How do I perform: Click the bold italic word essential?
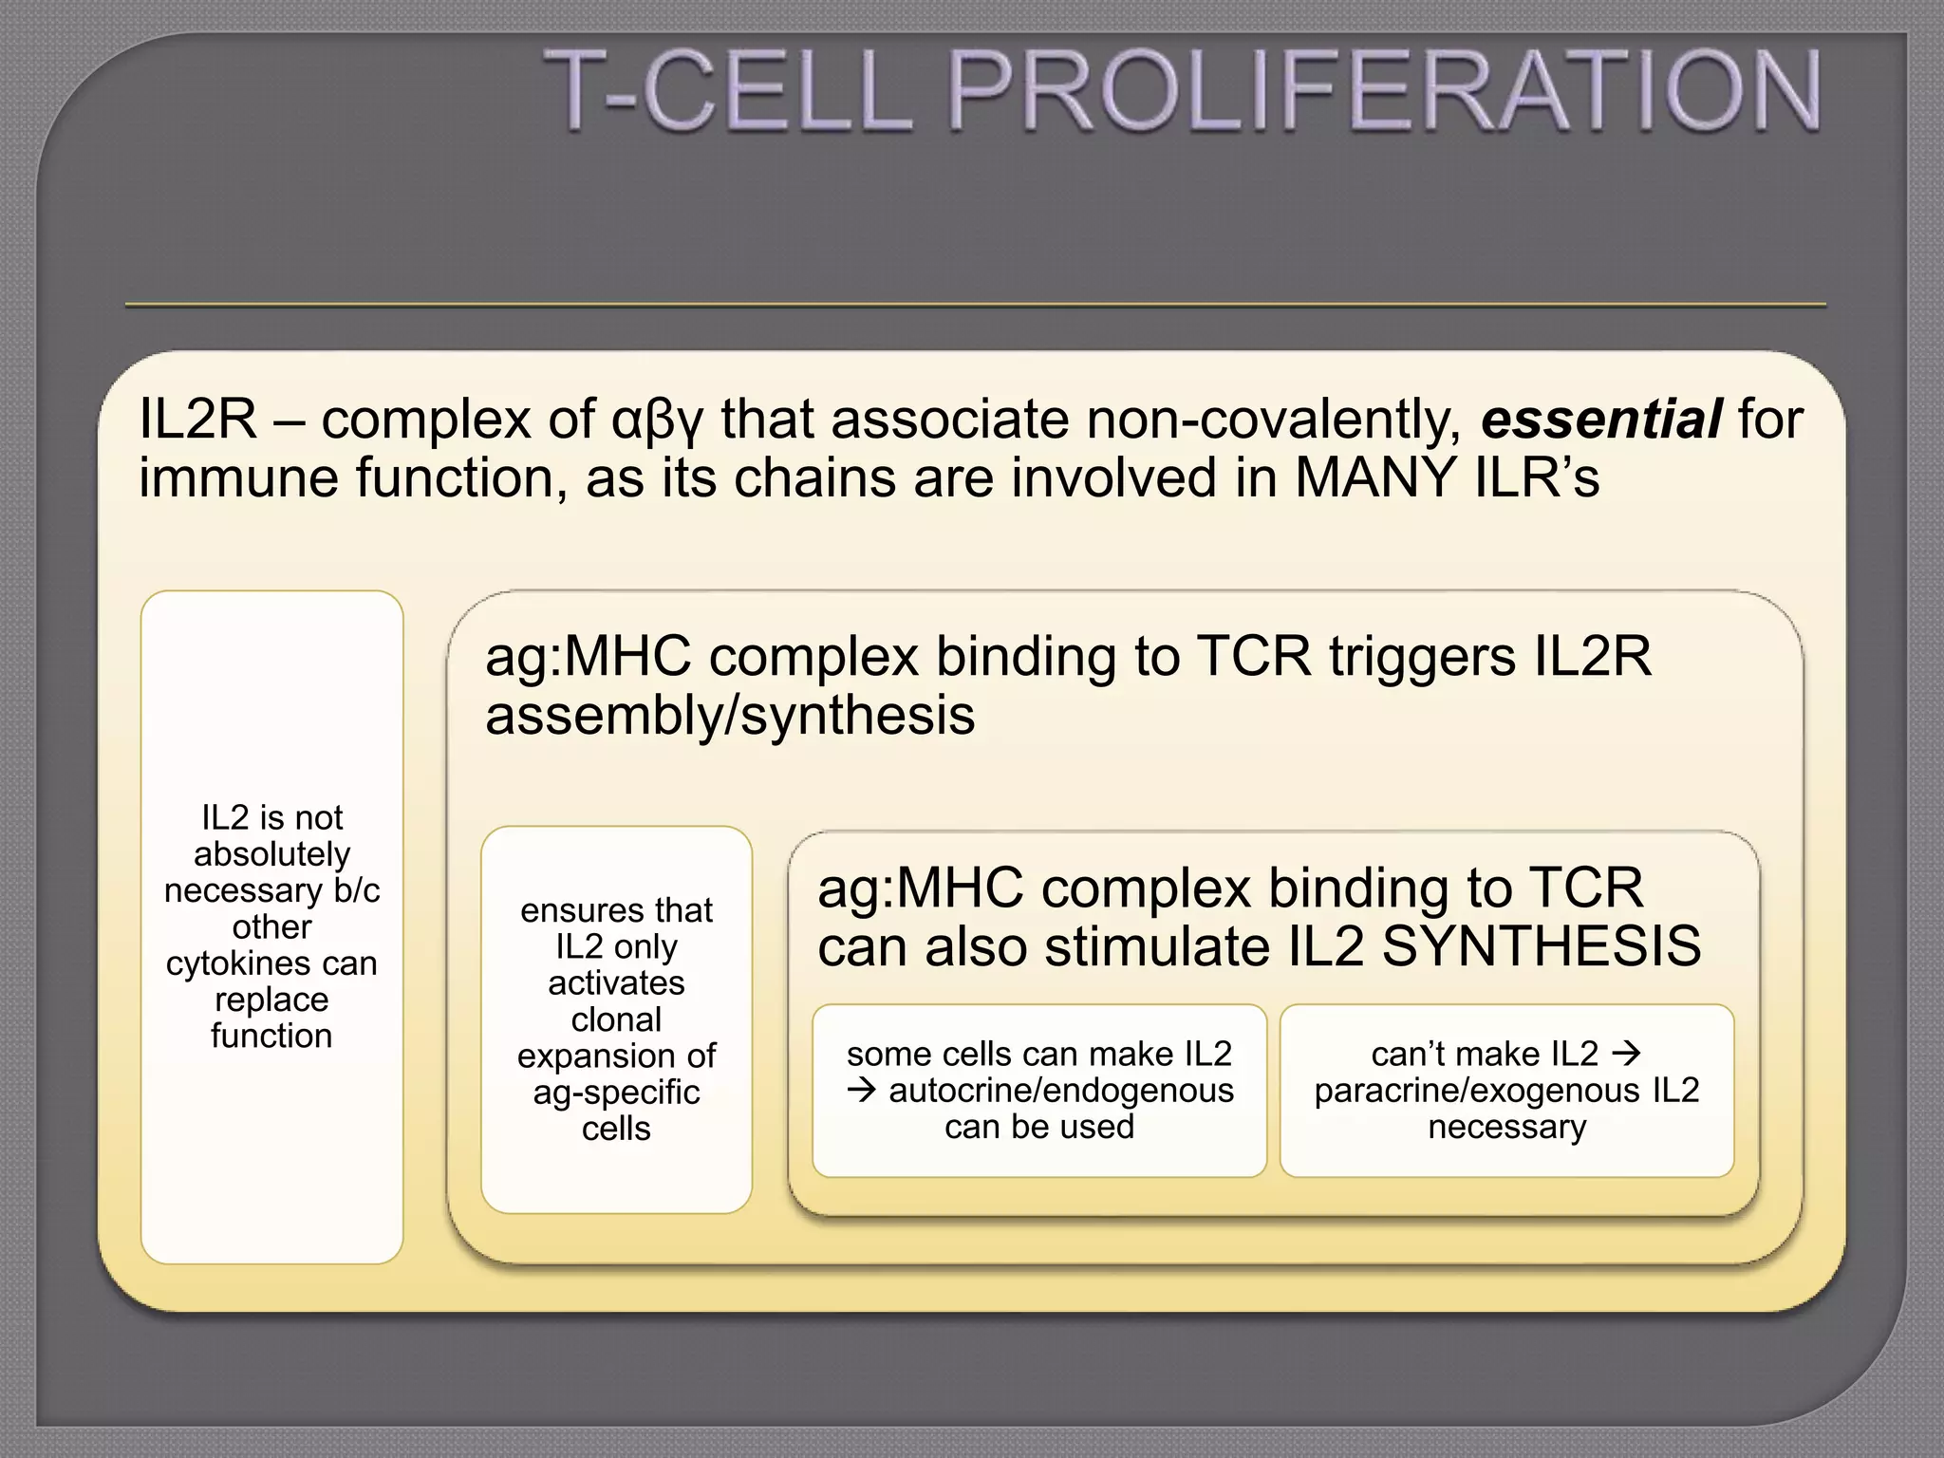(1601, 420)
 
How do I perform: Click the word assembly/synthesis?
(730, 715)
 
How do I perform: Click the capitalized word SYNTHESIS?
(1541, 945)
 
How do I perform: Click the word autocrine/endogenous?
(1060, 1091)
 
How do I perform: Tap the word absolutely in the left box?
(271, 854)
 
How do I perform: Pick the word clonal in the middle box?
(616, 1019)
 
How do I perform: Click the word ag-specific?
(616, 1093)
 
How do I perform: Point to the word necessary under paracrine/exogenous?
(1506, 1127)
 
